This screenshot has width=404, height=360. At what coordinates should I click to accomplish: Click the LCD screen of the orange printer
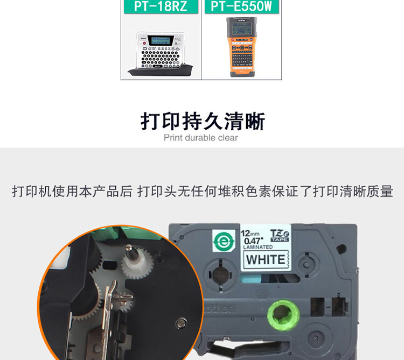[241, 27]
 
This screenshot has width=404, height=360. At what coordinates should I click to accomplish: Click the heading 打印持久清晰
[202, 121]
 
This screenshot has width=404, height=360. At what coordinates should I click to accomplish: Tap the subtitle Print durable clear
[201, 138]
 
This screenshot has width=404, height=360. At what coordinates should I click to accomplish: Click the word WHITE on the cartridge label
[265, 259]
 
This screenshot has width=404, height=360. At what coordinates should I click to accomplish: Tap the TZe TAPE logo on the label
[280, 235]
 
